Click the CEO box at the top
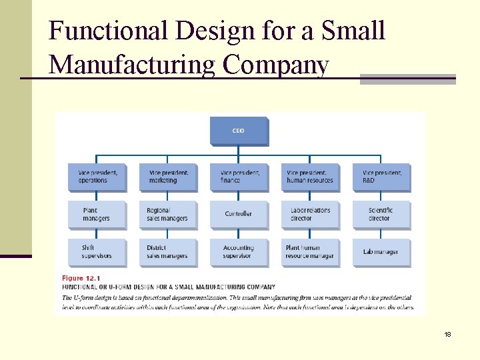(239, 131)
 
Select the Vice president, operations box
(96, 177)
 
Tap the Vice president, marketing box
(168, 177)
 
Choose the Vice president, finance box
(239, 177)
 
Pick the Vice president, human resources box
(310, 177)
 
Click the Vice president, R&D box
(381, 177)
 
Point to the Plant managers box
(96, 215)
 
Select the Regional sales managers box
(168, 215)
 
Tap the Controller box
(239, 215)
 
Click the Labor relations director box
(310, 215)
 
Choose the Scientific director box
(381, 215)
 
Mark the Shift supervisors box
(96, 252)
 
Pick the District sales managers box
(168, 252)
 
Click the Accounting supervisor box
(239, 252)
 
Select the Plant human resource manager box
(310, 252)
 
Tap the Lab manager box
(381, 252)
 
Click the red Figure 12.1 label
(82, 278)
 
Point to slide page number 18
(447, 334)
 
